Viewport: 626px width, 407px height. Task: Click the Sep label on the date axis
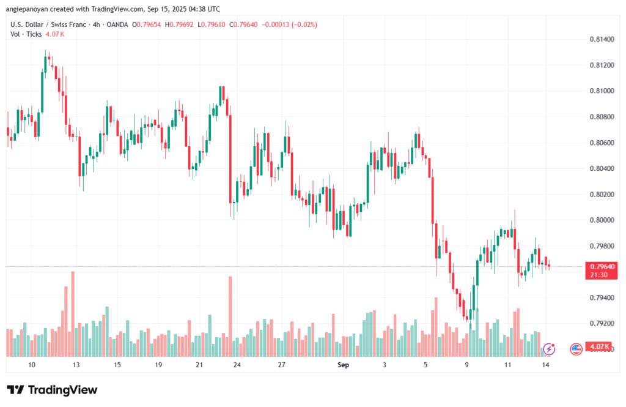(343, 365)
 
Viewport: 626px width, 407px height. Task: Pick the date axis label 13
(76, 365)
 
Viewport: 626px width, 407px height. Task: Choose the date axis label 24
(237, 365)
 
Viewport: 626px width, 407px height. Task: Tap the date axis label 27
(282, 365)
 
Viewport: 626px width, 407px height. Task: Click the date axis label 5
(425, 365)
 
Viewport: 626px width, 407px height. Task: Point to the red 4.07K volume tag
(597, 347)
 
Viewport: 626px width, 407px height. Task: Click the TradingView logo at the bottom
(52, 390)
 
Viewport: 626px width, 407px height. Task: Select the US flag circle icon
(575, 349)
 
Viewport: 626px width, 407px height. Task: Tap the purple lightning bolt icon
(549, 349)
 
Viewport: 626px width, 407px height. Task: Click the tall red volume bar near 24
(230, 316)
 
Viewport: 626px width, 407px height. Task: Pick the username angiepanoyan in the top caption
(29, 9)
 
